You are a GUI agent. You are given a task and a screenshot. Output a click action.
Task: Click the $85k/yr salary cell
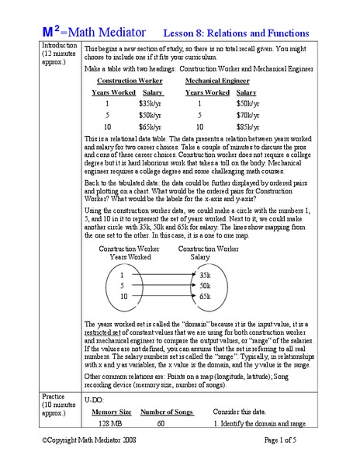coord(247,126)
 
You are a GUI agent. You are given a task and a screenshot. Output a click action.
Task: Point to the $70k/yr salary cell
coord(247,114)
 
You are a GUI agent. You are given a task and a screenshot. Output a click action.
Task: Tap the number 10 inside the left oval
coord(123,296)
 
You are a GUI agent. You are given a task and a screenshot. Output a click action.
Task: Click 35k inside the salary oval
coord(205,275)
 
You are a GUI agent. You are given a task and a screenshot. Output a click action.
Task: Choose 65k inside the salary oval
coord(205,296)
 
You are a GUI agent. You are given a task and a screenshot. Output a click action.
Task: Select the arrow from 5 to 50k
coord(162,286)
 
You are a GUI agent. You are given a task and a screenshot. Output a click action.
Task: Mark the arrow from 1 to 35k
coord(162,275)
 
